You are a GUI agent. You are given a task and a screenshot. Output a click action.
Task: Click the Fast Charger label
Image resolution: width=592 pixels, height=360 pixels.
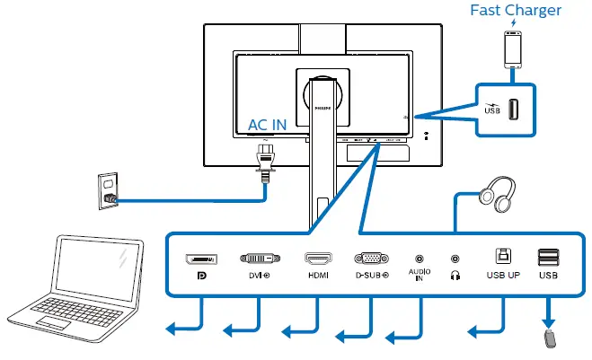pyautogui.click(x=517, y=11)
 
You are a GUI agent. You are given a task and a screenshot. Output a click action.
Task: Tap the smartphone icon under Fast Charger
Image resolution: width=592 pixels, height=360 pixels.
pyautogui.click(x=513, y=49)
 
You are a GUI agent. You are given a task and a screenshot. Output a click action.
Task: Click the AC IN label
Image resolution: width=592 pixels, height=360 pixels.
pyautogui.click(x=268, y=125)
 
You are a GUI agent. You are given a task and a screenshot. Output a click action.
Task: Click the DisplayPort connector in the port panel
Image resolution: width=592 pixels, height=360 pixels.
pyautogui.click(x=200, y=259)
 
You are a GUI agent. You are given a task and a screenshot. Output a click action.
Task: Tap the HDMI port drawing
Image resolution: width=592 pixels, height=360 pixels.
pyautogui.click(x=319, y=259)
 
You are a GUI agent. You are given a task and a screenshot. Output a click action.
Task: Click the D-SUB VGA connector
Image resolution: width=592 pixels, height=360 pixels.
pyautogui.click(x=372, y=259)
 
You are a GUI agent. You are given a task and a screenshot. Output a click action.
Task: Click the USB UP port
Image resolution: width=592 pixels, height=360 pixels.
pyautogui.click(x=501, y=258)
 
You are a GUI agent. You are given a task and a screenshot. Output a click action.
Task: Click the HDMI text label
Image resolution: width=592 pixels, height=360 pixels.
pyautogui.click(x=319, y=276)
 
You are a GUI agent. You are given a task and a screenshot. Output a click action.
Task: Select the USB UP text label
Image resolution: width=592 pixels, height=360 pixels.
pyautogui.click(x=501, y=276)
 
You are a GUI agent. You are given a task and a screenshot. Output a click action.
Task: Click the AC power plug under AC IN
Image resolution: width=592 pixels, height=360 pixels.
pyautogui.click(x=266, y=162)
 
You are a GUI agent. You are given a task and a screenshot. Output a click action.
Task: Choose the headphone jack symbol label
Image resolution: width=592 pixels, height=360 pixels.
pyautogui.click(x=455, y=276)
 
